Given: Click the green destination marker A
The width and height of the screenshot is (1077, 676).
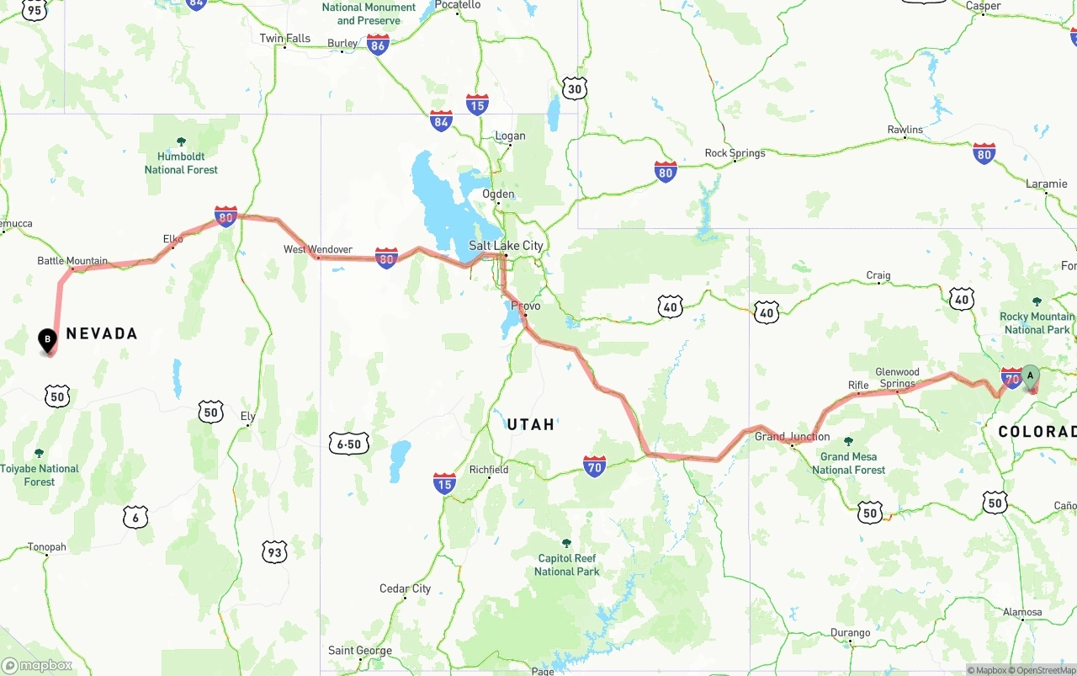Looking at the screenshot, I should (1031, 377).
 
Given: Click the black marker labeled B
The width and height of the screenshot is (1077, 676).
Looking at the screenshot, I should (48, 340).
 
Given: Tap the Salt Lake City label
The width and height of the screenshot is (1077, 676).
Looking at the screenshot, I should (506, 246).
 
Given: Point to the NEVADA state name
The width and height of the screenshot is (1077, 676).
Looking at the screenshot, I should (102, 333).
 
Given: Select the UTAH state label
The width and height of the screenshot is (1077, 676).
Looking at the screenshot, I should (530, 424).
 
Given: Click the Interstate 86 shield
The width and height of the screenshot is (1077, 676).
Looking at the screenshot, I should (378, 45).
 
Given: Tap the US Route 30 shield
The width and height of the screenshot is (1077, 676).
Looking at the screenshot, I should (575, 88).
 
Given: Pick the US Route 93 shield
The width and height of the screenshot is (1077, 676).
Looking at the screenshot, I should (274, 552).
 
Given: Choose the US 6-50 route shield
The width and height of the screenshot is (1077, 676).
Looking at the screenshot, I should (349, 444).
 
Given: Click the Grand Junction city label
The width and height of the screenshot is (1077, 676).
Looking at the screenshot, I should (792, 436).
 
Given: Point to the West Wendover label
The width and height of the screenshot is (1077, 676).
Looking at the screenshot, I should (317, 249).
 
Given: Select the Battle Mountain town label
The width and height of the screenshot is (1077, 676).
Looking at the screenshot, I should (72, 261).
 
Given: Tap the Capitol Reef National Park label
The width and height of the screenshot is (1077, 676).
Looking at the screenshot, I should (567, 565).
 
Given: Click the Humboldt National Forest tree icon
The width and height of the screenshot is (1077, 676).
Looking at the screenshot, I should (181, 141).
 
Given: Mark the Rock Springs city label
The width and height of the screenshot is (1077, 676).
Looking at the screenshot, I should (735, 153).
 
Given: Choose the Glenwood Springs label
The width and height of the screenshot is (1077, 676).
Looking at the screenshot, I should (897, 377).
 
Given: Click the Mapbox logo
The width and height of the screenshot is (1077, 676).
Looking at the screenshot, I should (37, 665).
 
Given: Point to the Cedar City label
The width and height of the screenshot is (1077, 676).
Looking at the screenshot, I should (405, 588).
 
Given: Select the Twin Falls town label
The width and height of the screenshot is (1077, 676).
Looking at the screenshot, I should (284, 38).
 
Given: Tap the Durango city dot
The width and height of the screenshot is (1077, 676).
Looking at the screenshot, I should (850, 642).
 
